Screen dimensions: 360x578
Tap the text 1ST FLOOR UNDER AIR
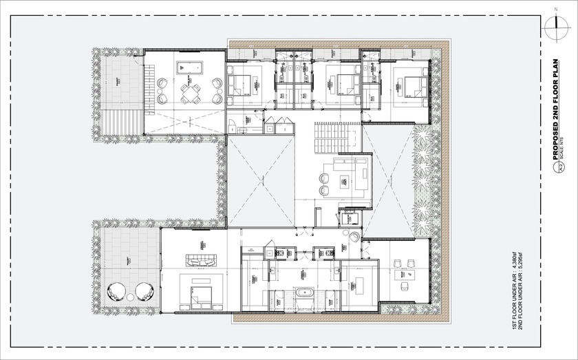click(515, 292)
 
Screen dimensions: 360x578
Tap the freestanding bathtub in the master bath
click(304, 293)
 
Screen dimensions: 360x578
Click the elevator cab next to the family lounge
click(350, 218)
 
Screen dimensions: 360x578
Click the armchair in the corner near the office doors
click(354, 236)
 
